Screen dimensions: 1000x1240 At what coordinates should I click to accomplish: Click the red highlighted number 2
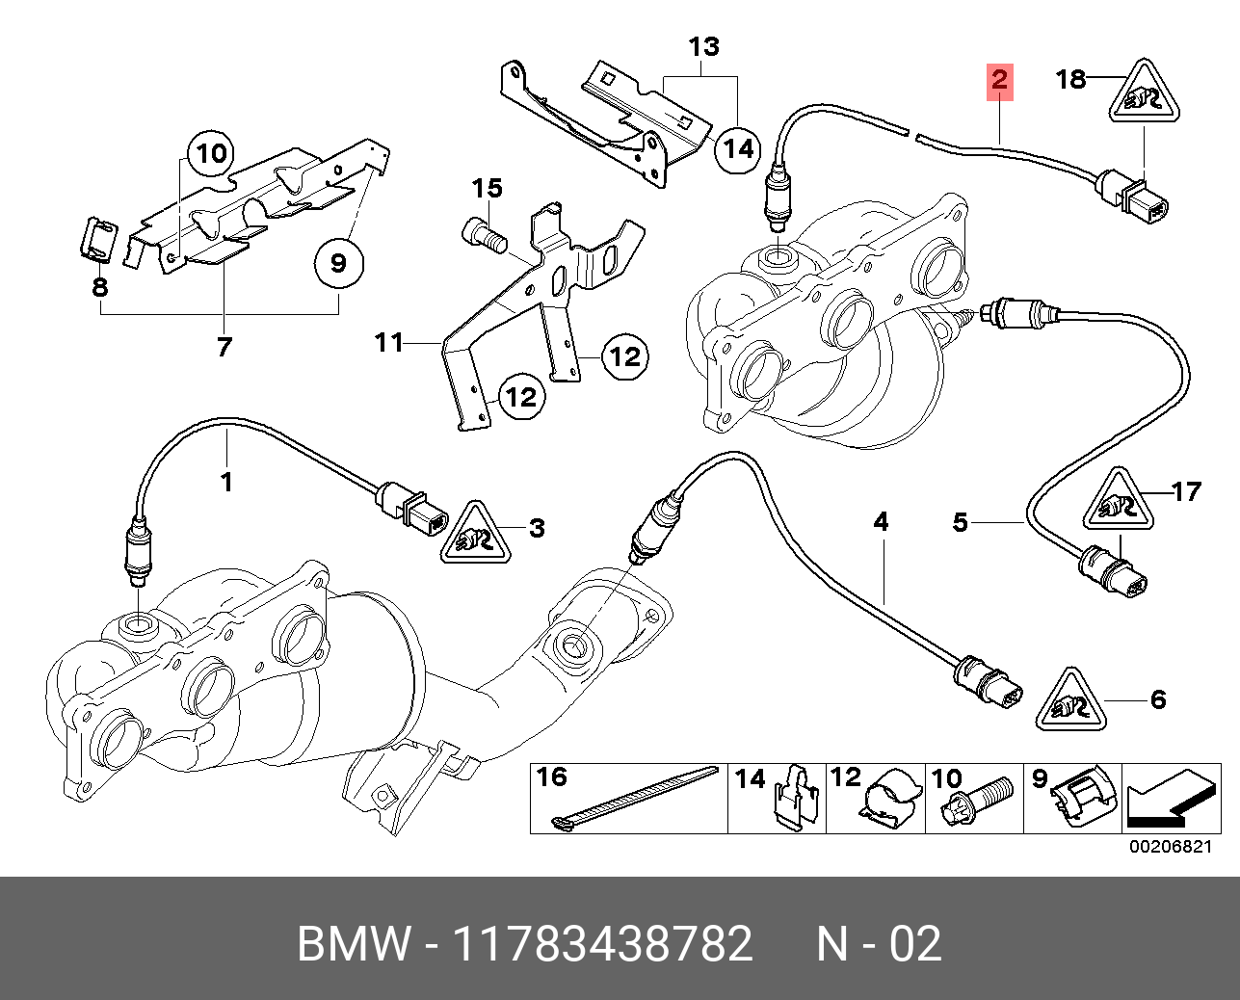tap(999, 81)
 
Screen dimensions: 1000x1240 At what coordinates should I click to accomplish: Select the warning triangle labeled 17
tap(1115, 501)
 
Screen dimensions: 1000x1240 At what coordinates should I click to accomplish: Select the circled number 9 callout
tap(337, 261)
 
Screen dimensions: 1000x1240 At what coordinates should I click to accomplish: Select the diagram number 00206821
tap(1169, 846)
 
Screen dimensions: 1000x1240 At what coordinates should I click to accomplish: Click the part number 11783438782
tap(602, 944)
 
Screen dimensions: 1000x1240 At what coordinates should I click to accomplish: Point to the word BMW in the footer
tap(354, 944)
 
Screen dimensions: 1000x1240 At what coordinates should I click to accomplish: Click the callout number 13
tap(704, 45)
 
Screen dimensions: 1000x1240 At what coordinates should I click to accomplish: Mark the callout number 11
tap(389, 342)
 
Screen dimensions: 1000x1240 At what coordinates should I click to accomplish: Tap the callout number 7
tap(224, 346)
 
